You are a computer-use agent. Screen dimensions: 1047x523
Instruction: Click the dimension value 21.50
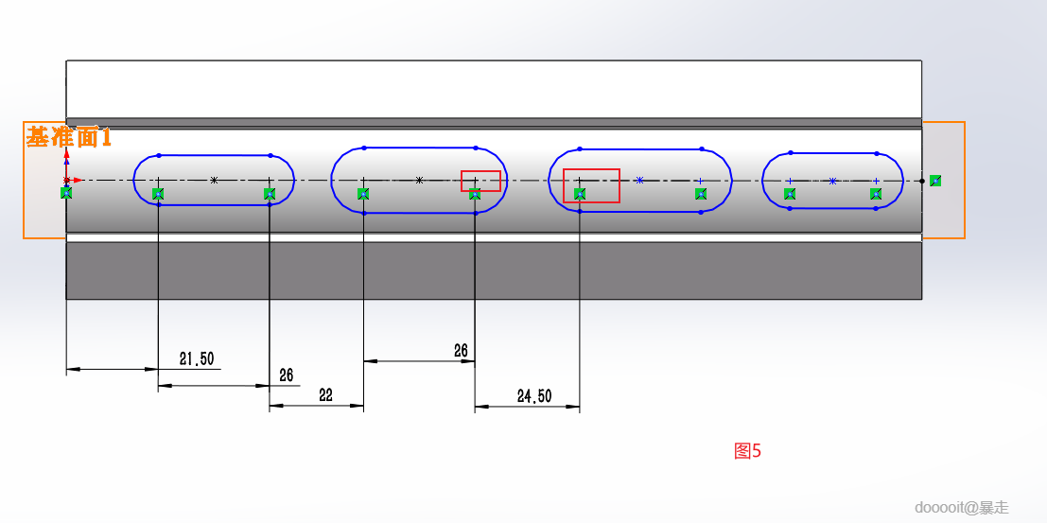tap(197, 359)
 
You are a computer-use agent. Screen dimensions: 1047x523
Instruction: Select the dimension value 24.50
tap(534, 396)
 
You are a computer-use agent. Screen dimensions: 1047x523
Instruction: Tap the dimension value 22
tap(325, 395)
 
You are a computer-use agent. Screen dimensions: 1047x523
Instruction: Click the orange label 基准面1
tap(69, 137)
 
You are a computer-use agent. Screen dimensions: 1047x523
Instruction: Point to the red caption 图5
tap(747, 451)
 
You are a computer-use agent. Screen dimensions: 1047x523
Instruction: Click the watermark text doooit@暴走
tap(962, 508)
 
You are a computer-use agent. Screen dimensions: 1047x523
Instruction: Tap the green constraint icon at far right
tap(935, 181)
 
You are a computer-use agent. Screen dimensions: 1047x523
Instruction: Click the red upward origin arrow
tap(67, 163)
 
